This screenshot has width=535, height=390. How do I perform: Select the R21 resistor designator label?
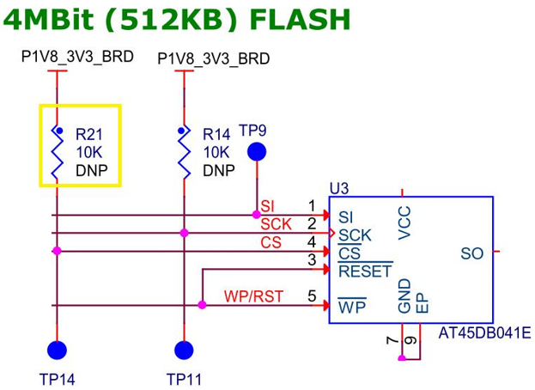[88, 134]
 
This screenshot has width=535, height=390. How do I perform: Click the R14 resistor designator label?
[216, 135]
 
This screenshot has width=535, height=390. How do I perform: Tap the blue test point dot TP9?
[256, 153]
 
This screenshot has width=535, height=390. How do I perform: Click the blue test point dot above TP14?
[57, 350]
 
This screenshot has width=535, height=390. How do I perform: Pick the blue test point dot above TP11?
[183, 350]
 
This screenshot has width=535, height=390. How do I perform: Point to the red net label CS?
[271, 243]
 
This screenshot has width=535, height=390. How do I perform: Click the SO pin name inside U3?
[472, 253]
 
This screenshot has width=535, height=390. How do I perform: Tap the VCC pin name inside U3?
[406, 222]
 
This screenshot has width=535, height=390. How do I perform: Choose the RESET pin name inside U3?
[365, 272]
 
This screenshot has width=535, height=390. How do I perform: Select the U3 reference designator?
[339, 188]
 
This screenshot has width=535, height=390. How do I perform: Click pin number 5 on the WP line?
[313, 296]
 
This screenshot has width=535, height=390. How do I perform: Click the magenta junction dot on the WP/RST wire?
[202, 305]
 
